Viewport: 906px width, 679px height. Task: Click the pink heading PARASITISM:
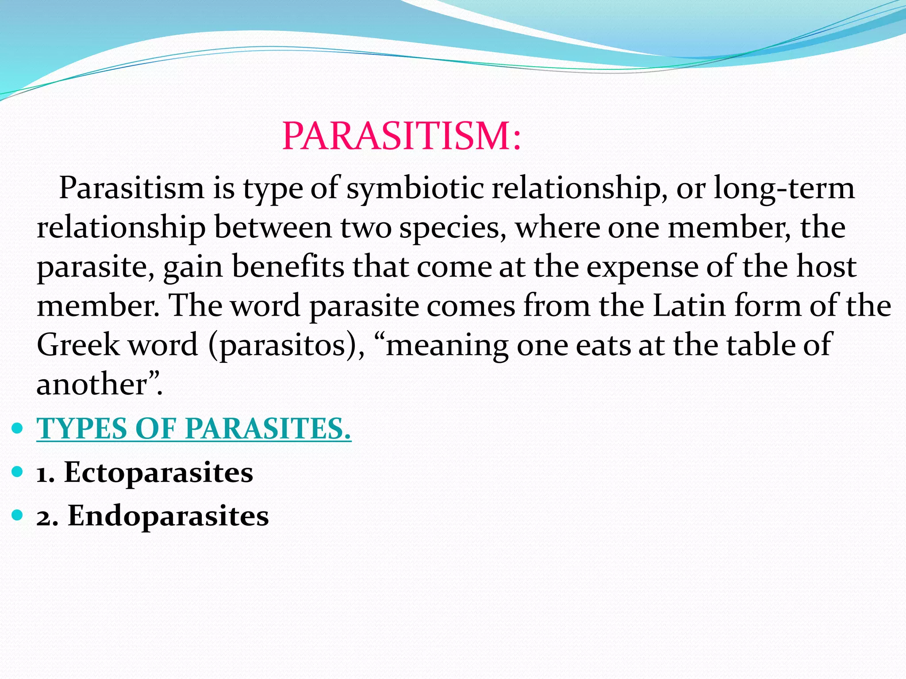click(402, 136)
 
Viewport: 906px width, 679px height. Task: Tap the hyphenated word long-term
click(784, 188)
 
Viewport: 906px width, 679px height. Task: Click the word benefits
click(288, 267)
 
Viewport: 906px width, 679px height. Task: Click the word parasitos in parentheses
click(283, 345)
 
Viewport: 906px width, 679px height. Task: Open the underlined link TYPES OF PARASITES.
click(194, 428)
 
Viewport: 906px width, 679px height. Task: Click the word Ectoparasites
click(158, 473)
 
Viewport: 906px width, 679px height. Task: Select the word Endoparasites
click(168, 516)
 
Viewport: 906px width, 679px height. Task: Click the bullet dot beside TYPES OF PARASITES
click(17, 428)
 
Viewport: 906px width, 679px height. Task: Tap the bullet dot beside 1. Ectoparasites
click(17, 472)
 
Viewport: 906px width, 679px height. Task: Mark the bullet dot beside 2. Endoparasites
click(17, 515)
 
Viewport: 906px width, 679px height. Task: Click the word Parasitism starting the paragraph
click(131, 188)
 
